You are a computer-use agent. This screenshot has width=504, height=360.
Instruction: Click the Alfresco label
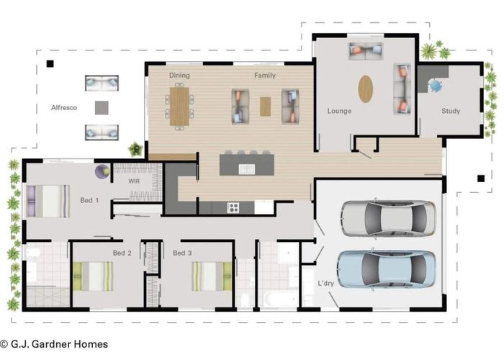(64, 108)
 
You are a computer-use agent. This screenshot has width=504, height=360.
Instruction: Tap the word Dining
(179, 75)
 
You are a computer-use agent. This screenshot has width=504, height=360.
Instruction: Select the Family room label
(265, 75)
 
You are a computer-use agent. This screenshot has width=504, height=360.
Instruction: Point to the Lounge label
(339, 111)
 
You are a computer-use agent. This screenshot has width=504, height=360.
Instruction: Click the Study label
(451, 111)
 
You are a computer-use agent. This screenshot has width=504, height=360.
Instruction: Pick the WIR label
(134, 181)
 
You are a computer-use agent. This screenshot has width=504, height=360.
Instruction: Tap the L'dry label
(325, 283)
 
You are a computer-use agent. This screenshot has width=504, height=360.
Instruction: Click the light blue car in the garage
(387, 269)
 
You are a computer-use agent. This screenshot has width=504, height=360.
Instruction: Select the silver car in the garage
(389, 219)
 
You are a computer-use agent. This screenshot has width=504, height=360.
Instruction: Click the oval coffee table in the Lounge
(366, 89)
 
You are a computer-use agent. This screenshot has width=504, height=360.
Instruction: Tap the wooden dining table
(179, 107)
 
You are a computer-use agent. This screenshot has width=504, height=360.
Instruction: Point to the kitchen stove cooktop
(233, 207)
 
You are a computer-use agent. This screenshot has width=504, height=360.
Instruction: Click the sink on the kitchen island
(246, 169)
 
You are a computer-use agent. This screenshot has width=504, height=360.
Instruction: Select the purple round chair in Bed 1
(102, 171)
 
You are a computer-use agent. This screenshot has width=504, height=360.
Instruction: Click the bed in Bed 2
(93, 276)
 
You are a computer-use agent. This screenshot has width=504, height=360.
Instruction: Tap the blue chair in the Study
(436, 86)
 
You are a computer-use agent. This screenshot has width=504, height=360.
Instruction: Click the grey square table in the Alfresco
(102, 108)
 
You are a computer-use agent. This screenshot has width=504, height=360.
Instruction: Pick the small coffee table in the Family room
(265, 107)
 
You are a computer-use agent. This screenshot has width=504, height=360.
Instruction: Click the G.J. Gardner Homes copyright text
(54, 344)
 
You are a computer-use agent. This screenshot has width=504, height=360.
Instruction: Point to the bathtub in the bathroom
(281, 300)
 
